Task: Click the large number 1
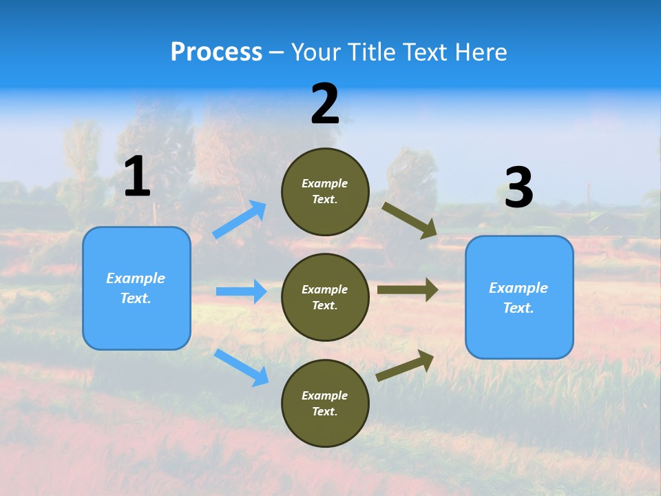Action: (136, 177)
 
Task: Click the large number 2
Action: (325, 104)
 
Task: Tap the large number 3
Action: (518, 188)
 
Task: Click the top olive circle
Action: (325, 192)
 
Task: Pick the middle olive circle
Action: (325, 297)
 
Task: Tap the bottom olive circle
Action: (325, 403)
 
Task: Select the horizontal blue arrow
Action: (241, 291)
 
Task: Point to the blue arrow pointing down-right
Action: (242, 367)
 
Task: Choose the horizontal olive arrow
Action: (407, 290)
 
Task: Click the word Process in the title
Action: (216, 52)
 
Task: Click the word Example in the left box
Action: (136, 278)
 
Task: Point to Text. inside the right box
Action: (518, 308)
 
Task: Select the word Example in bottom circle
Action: (325, 395)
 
